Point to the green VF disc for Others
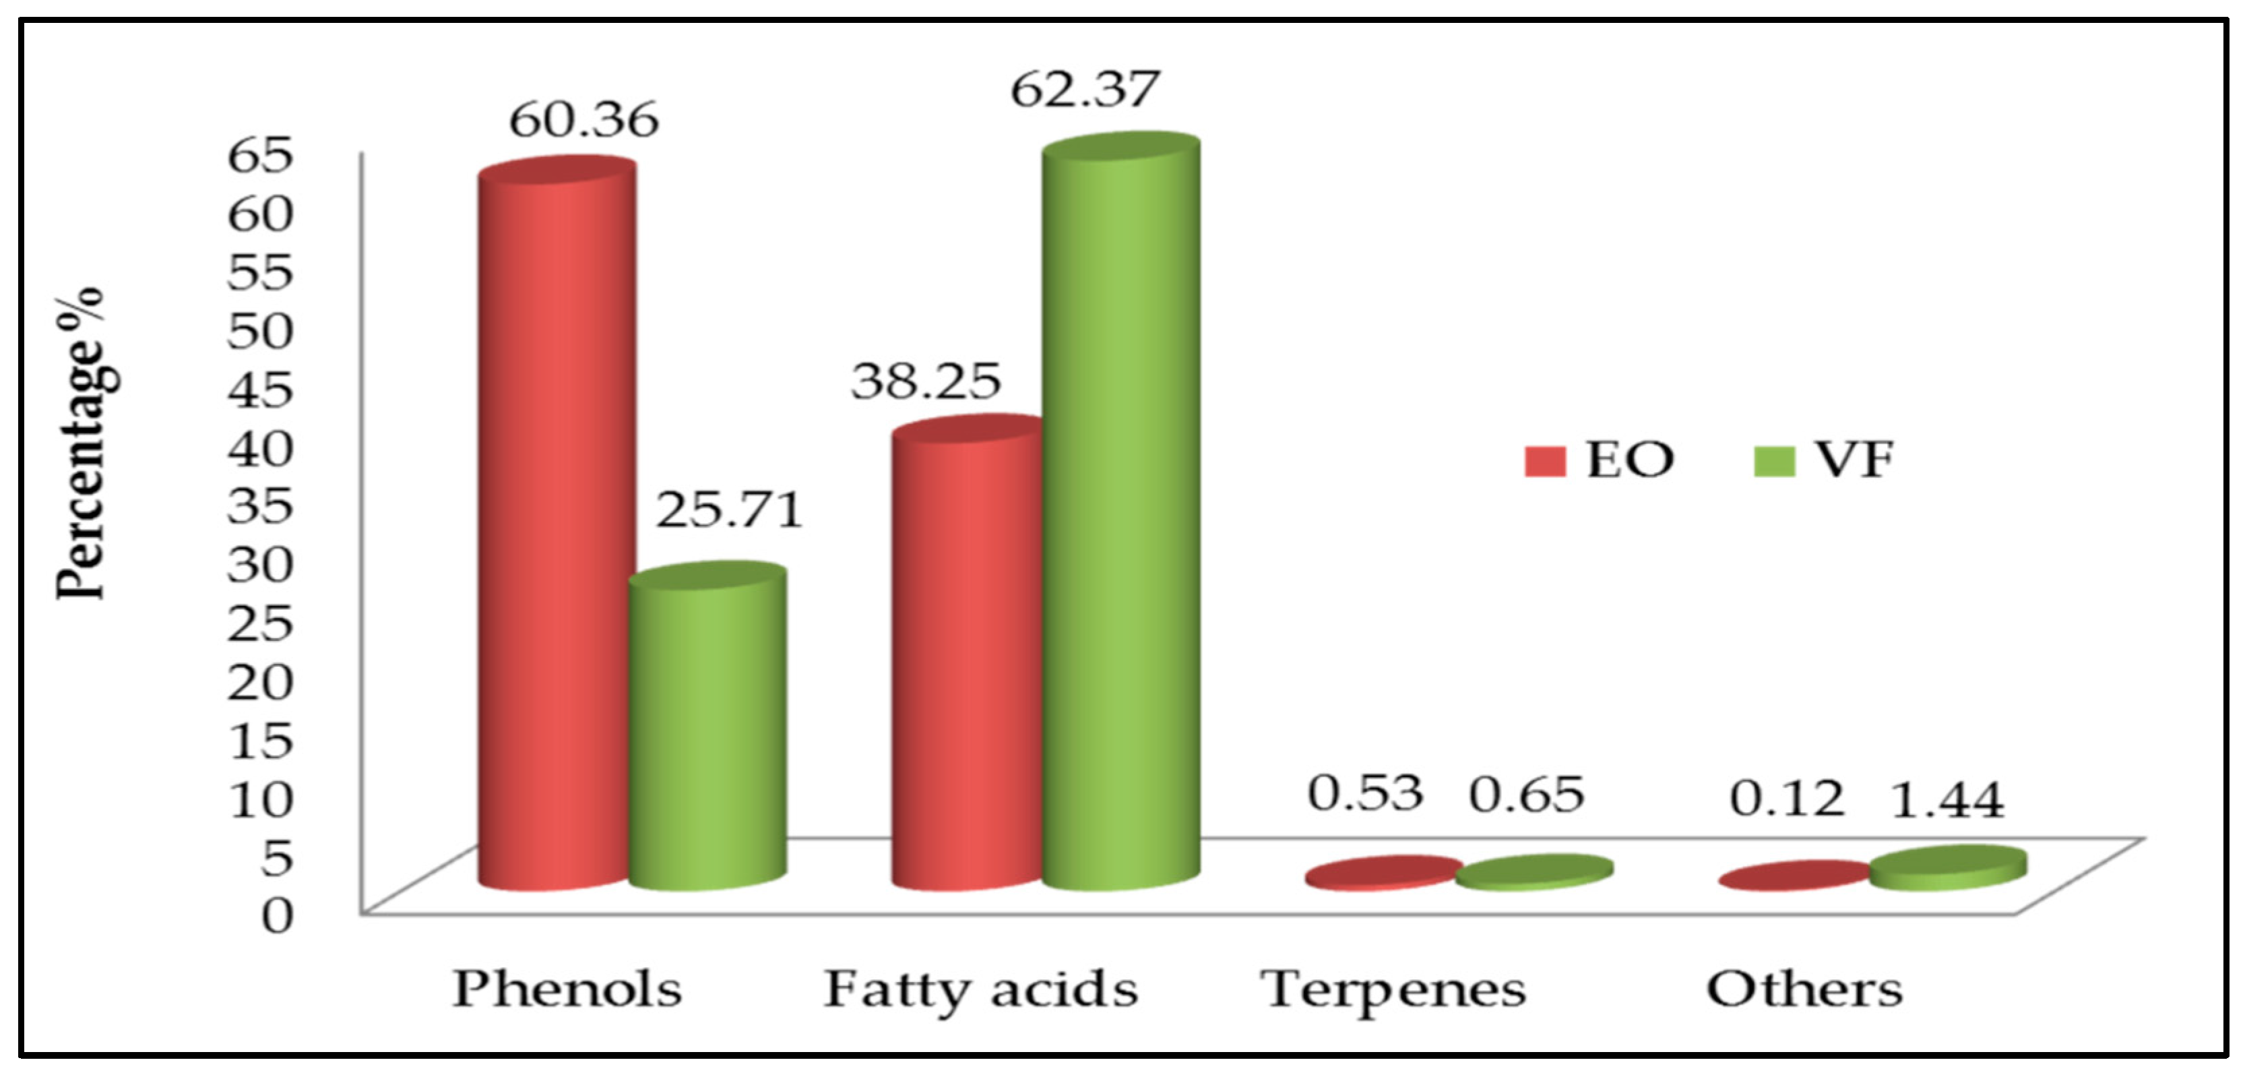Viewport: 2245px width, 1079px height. (x=1949, y=868)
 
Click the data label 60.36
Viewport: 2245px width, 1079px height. (x=584, y=120)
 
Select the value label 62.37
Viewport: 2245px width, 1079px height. (x=1085, y=90)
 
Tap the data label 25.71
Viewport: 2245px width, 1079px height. (x=728, y=511)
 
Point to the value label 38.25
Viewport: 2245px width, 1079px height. (x=926, y=381)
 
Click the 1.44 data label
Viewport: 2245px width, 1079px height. (x=1948, y=800)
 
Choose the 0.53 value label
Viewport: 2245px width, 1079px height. (x=1366, y=793)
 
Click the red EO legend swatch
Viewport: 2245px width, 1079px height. (x=1545, y=461)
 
